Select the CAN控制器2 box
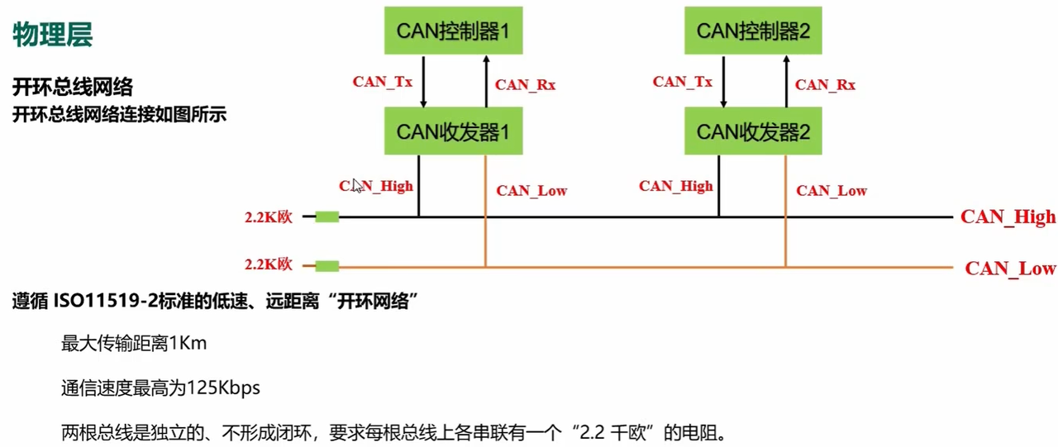(x=752, y=31)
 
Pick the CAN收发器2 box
(x=752, y=131)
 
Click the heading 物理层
(x=52, y=35)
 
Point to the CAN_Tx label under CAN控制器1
(x=383, y=82)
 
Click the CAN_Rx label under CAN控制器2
(x=825, y=84)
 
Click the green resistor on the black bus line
(x=327, y=217)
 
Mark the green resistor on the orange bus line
(x=327, y=266)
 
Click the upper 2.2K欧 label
(x=269, y=217)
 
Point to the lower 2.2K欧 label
(x=269, y=265)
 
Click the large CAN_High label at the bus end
(x=1008, y=217)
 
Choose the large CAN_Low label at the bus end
(x=1010, y=269)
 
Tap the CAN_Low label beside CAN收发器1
(x=531, y=191)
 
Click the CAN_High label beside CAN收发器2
(x=675, y=186)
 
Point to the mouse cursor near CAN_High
(x=356, y=185)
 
